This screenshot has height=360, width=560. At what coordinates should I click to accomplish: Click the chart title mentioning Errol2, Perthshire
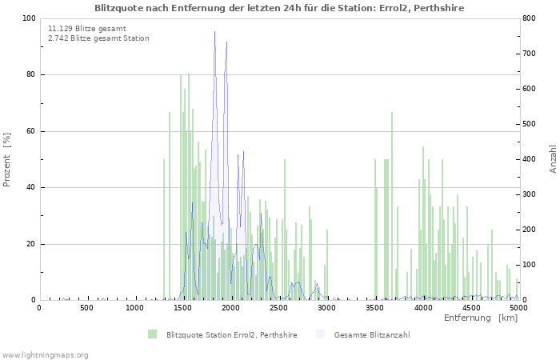click(x=279, y=7)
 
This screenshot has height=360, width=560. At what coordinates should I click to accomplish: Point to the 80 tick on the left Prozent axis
click(x=30, y=75)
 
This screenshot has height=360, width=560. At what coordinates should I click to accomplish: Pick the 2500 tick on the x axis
click(x=279, y=307)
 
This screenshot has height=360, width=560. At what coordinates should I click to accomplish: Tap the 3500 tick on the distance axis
click(x=375, y=307)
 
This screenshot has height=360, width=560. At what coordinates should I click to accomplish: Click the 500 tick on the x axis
click(x=87, y=307)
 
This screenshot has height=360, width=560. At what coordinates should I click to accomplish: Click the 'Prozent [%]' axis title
click(x=8, y=159)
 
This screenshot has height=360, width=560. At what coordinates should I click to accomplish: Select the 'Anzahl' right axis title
click(x=553, y=159)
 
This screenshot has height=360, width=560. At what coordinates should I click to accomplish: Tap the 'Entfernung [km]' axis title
click(x=481, y=318)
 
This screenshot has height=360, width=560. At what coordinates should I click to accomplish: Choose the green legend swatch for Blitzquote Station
click(x=152, y=334)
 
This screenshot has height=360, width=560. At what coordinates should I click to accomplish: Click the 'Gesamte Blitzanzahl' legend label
click(x=372, y=334)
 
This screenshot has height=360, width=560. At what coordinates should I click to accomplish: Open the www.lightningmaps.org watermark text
click(x=45, y=354)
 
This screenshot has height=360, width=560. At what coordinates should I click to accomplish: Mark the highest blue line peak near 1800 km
click(x=214, y=32)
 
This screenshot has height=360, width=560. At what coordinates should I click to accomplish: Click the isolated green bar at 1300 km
click(x=164, y=232)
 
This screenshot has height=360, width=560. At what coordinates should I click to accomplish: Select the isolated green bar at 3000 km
click(x=327, y=266)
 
